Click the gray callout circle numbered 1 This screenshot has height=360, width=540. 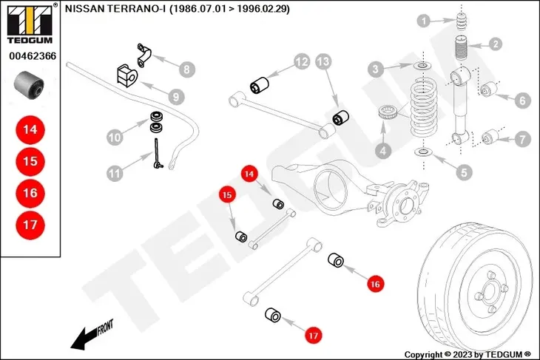(x=423, y=21)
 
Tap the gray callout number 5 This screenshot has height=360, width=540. (x=464, y=172)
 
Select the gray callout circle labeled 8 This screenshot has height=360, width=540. (x=186, y=69)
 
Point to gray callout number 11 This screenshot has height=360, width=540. (x=113, y=174)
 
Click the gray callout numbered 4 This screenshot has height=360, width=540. (x=383, y=151)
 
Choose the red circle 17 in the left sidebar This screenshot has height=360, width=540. (x=30, y=225)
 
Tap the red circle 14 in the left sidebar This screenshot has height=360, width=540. (x=30, y=129)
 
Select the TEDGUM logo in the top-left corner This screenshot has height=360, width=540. (x=29, y=21)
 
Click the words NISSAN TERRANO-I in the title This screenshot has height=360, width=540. (x=114, y=10)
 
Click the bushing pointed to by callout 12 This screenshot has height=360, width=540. (x=260, y=83)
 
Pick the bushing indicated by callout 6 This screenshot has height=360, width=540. (x=487, y=91)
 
